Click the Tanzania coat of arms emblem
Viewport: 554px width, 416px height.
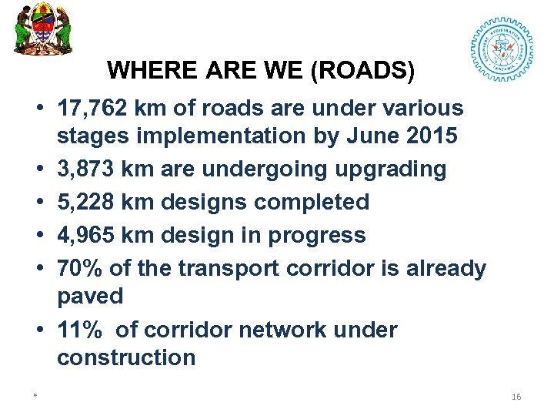tap(43, 29)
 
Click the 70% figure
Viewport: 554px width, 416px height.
tap(80, 268)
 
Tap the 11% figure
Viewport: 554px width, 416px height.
tap(80, 330)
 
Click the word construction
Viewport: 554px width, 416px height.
tap(126, 357)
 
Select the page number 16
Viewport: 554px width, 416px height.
tap(516, 396)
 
